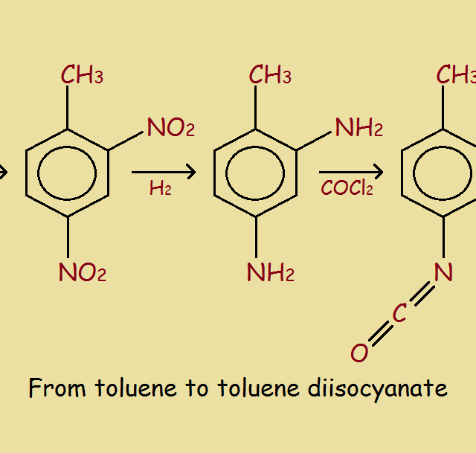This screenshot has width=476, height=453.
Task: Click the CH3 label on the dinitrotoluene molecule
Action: [82, 75]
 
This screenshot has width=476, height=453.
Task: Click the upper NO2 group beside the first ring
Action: [170, 128]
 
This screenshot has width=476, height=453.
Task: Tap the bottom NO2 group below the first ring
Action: [82, 274]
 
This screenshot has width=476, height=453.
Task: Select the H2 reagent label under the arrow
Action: [160, 189]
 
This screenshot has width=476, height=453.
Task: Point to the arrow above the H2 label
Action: [163, 173]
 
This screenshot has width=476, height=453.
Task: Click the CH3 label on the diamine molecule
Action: [270, 75]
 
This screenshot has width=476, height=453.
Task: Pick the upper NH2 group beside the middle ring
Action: [358, 128]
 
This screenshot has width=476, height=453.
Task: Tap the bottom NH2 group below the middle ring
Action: [270, 274]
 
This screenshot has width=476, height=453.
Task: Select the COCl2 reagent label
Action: [347, 188]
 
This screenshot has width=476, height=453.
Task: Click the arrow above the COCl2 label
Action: [350, 173]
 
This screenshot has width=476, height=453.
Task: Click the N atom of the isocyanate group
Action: [443, 273]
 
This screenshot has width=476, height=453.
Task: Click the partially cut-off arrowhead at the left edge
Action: [3, 173]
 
